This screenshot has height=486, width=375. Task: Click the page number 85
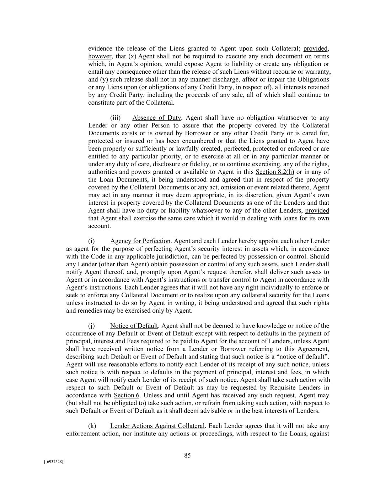(x=187, y=455)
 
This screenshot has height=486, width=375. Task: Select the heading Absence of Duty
(x=156, y=118)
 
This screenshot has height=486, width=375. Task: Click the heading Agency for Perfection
(x=140, y=241)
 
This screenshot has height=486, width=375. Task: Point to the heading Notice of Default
(x=134, y=326)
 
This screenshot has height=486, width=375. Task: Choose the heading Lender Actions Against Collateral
(x=157, y=426)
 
